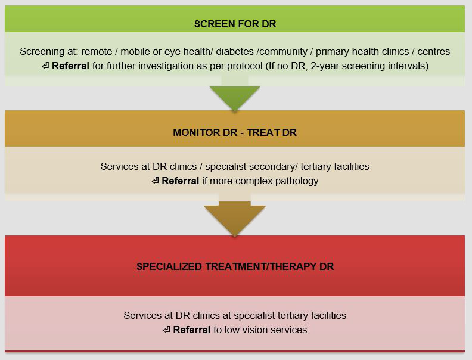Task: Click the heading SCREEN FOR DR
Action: [235, 24]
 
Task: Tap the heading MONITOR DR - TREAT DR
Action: [235, 132]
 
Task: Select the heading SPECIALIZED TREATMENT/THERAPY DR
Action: [235, 266]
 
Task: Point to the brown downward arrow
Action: [235, 218]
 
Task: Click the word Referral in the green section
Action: [70, 66]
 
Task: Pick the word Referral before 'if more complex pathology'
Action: [180, 181]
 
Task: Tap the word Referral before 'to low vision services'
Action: [191, 330]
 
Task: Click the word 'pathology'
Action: [297, 181]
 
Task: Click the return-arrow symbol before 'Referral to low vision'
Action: [166, 330]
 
